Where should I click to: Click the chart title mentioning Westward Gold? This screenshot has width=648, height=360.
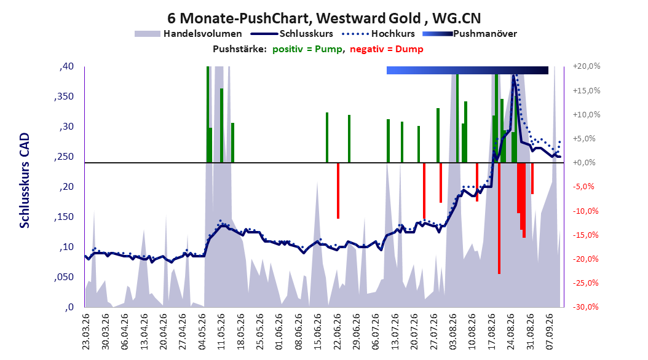pos(324,18)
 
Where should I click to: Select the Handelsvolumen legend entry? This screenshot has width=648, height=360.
pos(188,34)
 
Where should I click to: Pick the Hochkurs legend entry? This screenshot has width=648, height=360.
pos(378,34)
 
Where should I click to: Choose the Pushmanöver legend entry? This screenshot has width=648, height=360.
pos(470,34)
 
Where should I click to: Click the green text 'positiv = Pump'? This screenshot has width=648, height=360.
pos(307,49)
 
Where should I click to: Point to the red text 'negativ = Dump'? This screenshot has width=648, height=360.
pos(387,49)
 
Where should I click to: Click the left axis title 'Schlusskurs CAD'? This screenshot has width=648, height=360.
pos(25,181)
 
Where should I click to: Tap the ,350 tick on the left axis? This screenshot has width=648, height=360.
pos(64,96)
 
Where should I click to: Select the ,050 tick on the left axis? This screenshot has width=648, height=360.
pos(64,277)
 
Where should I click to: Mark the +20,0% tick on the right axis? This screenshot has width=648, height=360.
pos(587,66)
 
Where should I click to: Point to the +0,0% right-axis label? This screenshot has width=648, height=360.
pos(584,163)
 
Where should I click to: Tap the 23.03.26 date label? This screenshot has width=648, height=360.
pos(86,332)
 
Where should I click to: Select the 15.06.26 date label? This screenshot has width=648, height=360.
pos(317,332)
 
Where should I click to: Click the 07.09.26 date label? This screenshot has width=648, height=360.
pos(549,332)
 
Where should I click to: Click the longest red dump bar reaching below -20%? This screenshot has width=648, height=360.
pos(499,218)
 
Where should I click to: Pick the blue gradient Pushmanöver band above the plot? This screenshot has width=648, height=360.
pos(467,70)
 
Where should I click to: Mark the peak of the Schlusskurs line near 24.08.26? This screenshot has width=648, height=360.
pos(513,76)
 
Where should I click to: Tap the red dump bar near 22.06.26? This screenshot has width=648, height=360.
pos(338,190)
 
